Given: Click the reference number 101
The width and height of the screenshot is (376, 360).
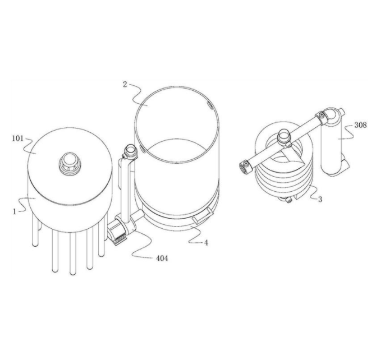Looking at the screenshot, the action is [x=18, y=139].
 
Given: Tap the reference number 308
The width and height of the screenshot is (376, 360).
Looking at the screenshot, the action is [x=360, y=125].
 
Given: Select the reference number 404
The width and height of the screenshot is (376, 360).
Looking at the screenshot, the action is [x=162, y=259].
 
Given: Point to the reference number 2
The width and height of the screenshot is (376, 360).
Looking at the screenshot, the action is [x=125, y=84].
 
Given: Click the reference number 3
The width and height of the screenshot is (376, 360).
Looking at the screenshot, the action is [x=320, y=200].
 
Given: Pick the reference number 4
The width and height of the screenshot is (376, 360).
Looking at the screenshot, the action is [x=206, y=243].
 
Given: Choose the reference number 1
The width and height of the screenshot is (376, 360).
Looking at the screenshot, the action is [x=15, y=211].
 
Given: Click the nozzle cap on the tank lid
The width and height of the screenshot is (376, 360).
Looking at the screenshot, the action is [x=70, y=163].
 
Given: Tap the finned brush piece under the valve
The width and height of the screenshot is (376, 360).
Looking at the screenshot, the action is [x=120, y=239].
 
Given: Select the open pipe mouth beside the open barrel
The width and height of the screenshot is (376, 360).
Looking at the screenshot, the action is [x=130, y=150].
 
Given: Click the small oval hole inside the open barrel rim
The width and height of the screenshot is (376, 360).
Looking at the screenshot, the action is [x=209, y=105].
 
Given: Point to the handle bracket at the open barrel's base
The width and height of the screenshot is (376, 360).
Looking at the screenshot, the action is [x=203, y=216].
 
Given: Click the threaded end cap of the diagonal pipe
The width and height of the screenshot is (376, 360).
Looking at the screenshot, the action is [x=245, y=167].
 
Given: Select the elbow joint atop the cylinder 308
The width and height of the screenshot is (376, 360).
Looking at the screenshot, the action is [x=331, y=116].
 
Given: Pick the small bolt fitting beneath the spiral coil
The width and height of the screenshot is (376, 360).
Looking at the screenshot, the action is [x=288, y=200].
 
